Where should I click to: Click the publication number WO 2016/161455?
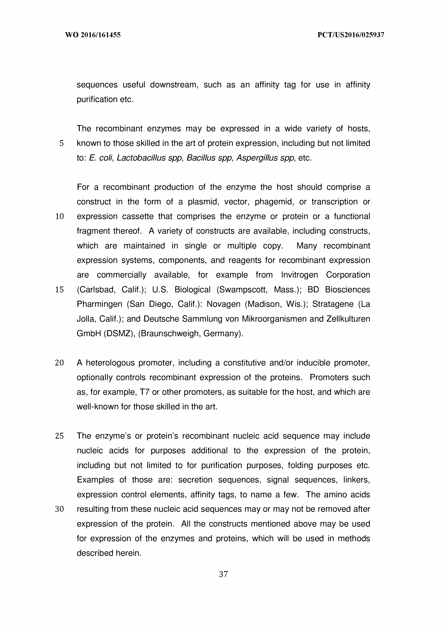[x=93, y=35]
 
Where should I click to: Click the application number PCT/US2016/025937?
[x=351, y=35]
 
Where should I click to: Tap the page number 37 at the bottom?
[x=223, y=574]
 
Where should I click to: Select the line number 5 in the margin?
[x=61, y=143]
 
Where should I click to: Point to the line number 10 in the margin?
[x=60, y=216]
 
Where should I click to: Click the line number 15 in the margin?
[x=60, y=290]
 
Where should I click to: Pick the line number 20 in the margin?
[x=60, y=363]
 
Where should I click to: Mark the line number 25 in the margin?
[x=60, y=436]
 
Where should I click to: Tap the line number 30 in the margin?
[x=60, y=509]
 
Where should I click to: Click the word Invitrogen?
[x=299, y=275]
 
